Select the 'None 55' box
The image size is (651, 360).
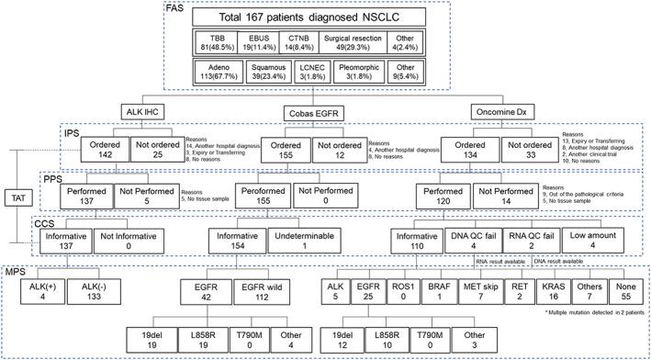630,296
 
